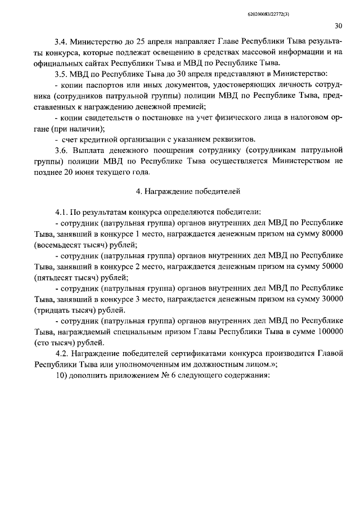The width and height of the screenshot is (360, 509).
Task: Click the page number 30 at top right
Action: tap(339, 25)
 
